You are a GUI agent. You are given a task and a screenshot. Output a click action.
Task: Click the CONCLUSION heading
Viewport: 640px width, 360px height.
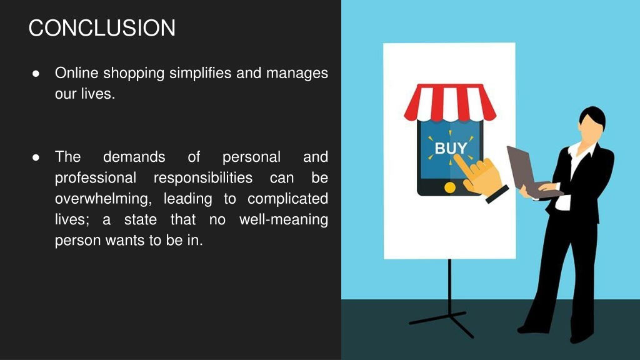coord(102,28)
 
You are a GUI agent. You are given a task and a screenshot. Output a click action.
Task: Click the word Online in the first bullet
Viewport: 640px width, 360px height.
coord(77,73)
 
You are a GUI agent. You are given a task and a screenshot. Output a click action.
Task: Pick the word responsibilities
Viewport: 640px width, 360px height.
coord(203,177)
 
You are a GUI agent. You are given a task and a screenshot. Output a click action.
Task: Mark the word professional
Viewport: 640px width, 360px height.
coord(95,177)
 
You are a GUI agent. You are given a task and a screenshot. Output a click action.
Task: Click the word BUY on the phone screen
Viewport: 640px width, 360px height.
coord(450,149)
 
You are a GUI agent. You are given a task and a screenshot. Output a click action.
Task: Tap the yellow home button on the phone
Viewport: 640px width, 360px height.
coord(449,187)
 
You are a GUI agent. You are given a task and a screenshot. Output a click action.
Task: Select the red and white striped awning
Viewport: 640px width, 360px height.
coord(450,102)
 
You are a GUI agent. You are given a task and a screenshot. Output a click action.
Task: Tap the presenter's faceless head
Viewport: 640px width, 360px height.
coord(591,126)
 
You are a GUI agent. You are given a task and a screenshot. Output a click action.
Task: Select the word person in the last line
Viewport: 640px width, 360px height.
coord(76,241)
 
